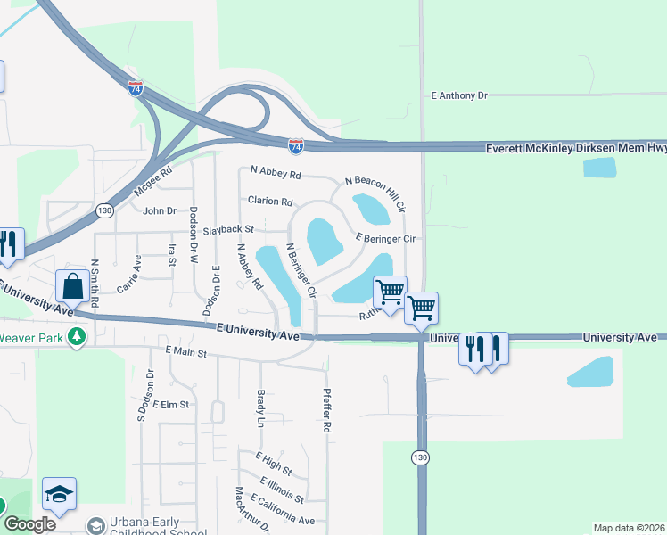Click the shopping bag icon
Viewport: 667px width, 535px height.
(x=72, y=287)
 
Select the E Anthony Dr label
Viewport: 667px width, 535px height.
(x=459, y=95)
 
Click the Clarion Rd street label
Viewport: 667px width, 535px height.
(x=270, y=202)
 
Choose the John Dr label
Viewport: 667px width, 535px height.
(x=160, y=211)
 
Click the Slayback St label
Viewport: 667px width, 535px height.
(x=229, y=230)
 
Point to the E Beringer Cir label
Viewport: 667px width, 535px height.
(x=385, y=239)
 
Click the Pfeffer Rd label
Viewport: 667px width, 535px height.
(x=327, y=410)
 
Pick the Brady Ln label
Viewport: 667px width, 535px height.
(x=261, y=406)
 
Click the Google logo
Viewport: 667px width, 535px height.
(x=29, y=524)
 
